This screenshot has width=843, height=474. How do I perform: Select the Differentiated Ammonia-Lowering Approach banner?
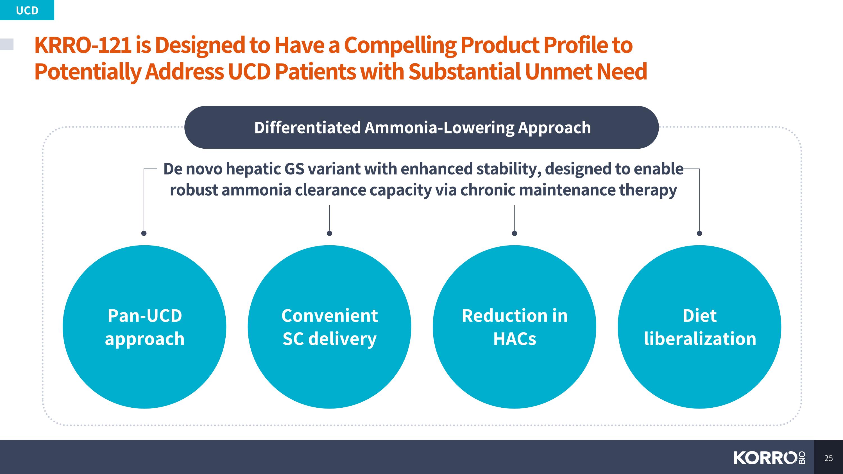tap(422, 127)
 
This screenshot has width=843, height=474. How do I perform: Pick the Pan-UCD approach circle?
tap(144, 327)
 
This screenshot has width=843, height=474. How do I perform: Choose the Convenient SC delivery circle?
tap(330, 327)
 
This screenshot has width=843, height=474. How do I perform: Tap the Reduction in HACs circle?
tap(515, 327)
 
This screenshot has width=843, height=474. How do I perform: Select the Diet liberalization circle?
tap(699, 327)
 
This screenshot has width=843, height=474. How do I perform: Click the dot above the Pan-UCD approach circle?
tap(144, 233)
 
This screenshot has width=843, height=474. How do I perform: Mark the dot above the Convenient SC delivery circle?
tap(330, 233)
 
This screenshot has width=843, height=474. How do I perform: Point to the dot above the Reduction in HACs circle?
tap(515, 233)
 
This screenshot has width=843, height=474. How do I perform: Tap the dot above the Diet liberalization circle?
tap(699, 233)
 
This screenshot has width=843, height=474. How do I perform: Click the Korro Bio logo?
tap(769, 458)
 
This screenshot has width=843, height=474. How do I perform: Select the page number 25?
tap(828, 458)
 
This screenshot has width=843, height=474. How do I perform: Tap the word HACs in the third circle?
tap(515, 339)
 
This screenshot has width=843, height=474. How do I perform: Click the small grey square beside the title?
tap(6, 44)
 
